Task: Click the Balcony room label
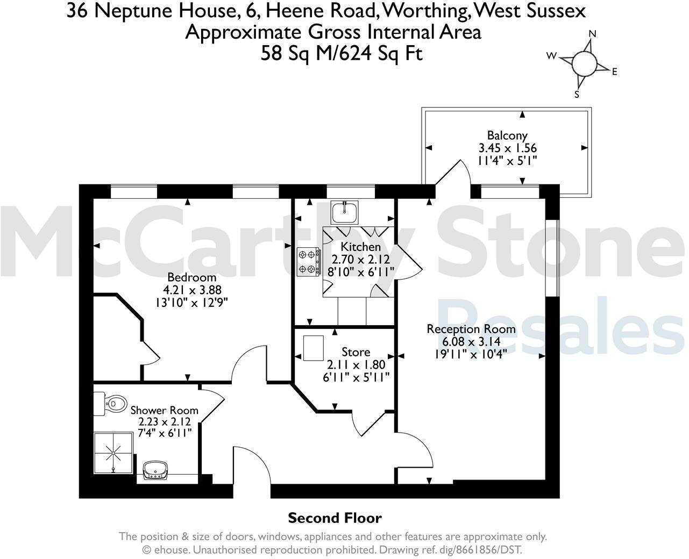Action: pyautogui.click(x=507, y=135)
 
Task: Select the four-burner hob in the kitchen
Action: pyautogui.click(x=309, y=262)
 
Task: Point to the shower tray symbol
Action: pyautogui.click(x=113, y=453)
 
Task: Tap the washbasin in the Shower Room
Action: pyautogui.click(x=156, y=471)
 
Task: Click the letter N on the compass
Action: pyautogui.click(x=593, y=34)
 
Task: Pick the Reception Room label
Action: pyautogui.click(x=471, y=329)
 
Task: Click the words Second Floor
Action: pyautogui.click(x=335, y=518)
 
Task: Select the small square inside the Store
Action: pyautogui.click(x=314, y=348)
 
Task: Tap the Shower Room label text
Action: pyautogui.click(x=164, y=410)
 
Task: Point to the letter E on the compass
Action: pyautogui.click(x=614, y=71)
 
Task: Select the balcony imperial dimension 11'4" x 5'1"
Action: pyautogui.click(x=507, y=160)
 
